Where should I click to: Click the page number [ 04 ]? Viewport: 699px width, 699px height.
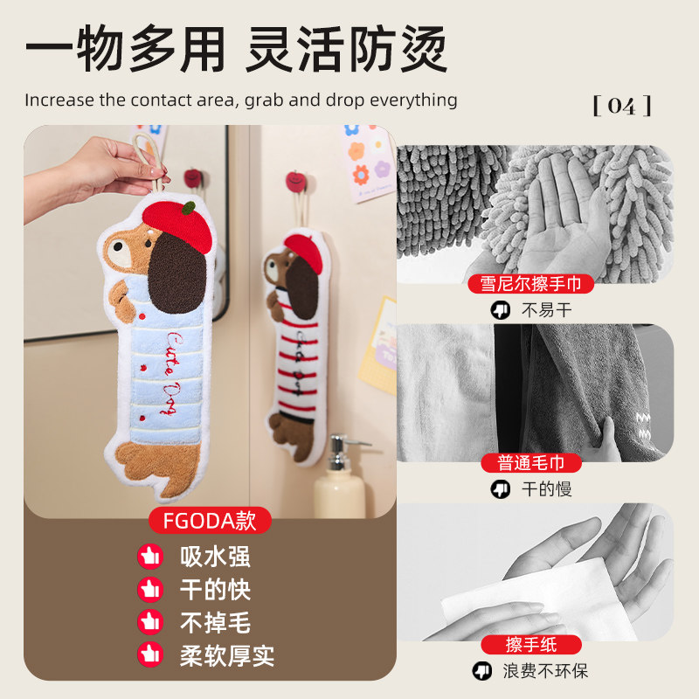(622, 107)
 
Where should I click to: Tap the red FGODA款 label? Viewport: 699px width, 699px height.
(209, 521)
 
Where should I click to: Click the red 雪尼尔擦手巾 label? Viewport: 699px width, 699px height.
(531, 283)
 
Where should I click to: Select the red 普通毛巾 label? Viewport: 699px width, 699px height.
(531, 463)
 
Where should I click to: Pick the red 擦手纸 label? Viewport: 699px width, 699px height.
(531, 645)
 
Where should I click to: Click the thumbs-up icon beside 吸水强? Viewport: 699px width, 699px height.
(150, 557)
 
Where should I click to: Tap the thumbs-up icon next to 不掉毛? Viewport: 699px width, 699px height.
(150, 622)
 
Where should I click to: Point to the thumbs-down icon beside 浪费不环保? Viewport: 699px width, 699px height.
(481, 671)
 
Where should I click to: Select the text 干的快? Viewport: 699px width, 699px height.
(215, 590)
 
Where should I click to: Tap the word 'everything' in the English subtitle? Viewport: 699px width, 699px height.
(413, 100)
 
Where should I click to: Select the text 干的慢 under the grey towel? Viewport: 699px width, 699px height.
(546, 489)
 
